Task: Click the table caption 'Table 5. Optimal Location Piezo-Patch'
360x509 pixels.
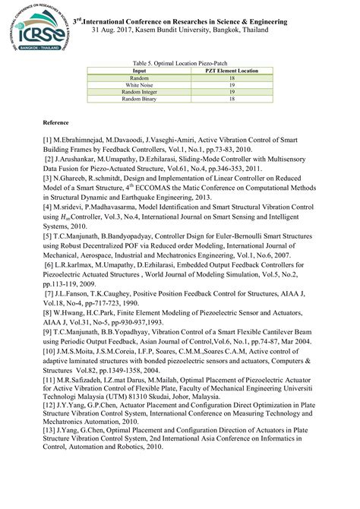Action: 180,63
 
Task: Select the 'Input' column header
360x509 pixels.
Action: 139,71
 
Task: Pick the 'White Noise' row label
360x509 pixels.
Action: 139,85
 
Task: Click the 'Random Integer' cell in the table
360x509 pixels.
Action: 139,92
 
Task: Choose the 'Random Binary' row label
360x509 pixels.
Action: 139,99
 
